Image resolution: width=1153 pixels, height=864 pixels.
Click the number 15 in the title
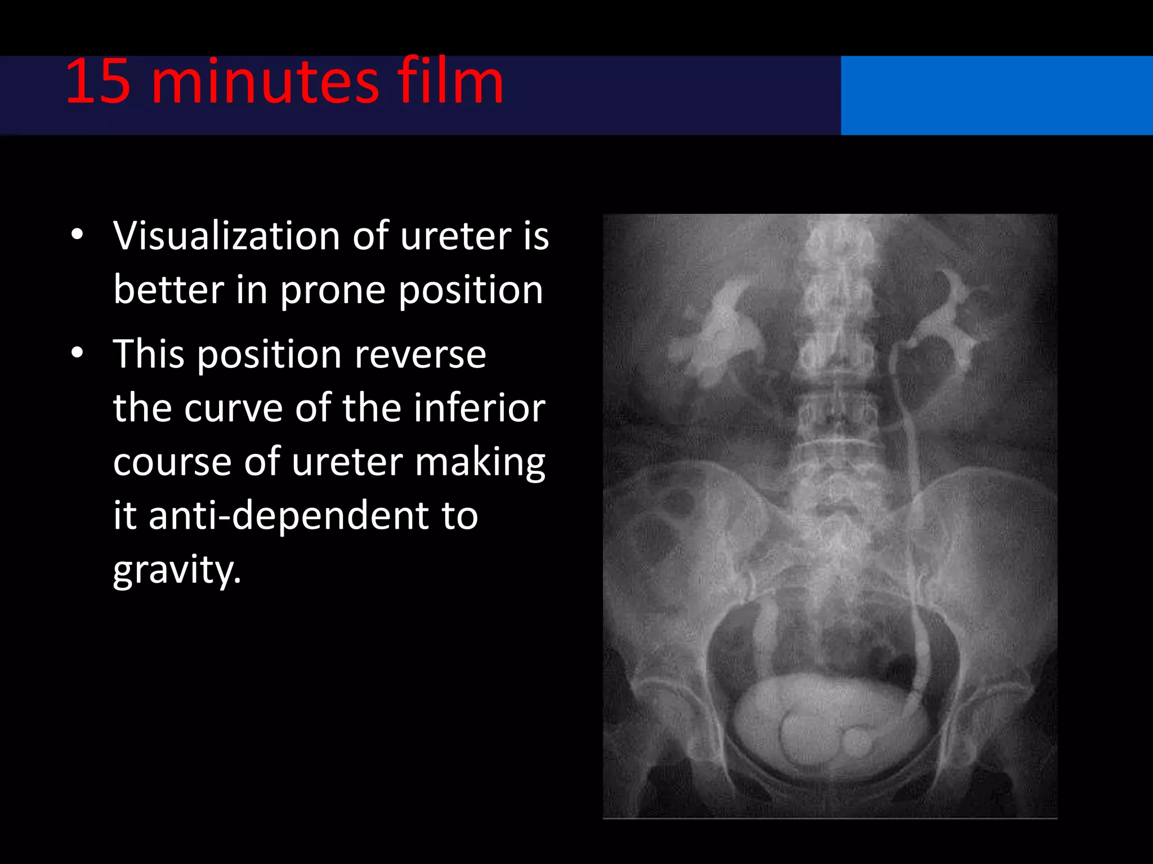click(99, 83)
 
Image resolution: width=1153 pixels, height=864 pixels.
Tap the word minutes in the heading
click(265, 83)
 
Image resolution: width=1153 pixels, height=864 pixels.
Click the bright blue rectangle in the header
click(996, 95)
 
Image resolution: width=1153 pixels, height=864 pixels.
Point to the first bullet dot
click(78, 234)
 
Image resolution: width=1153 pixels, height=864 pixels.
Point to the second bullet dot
click(78, 353)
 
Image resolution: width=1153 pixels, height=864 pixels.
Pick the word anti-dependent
click(313, 515)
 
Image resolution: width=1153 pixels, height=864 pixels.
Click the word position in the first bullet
click(471, 291)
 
